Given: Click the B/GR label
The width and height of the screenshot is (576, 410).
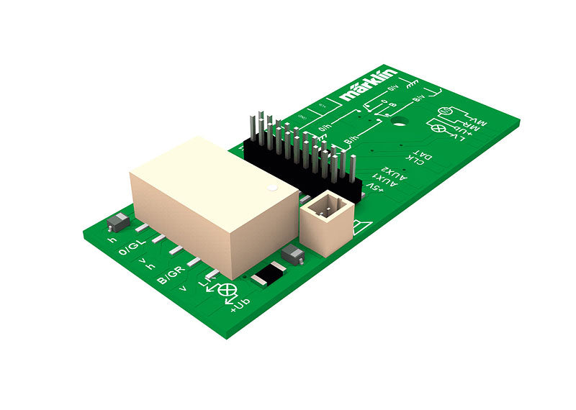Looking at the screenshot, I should pyautogui.click(x=174, y=274).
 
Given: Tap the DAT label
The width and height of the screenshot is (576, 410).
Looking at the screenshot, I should pyautogui.click(x=426, y=153).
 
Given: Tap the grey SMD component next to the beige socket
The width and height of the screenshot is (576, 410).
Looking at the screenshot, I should pyautogui.click(x=292, y=252).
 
